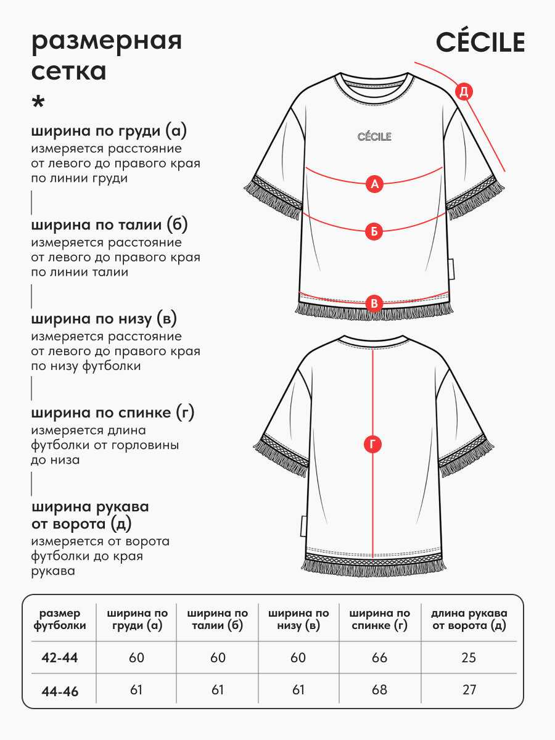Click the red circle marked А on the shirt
click(374, 184)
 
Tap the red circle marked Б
click(374, 232)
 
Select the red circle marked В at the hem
click(374, 303)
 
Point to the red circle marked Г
click(372, 445)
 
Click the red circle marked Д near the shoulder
click(464, 92)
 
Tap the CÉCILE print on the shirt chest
click(374, 136)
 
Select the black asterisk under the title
click(38, 102)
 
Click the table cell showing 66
click(379, 658)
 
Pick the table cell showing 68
click(379, 690)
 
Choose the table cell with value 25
click(469, 658)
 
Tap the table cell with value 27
click(469, 690)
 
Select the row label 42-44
click(60, 658)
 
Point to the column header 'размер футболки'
click(60, 619)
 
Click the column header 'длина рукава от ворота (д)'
click(469, 620)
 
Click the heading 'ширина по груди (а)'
click(109, 131)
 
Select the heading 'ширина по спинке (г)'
click(113, 413)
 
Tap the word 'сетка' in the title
click(68, 72)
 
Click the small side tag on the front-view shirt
click(451, 269)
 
